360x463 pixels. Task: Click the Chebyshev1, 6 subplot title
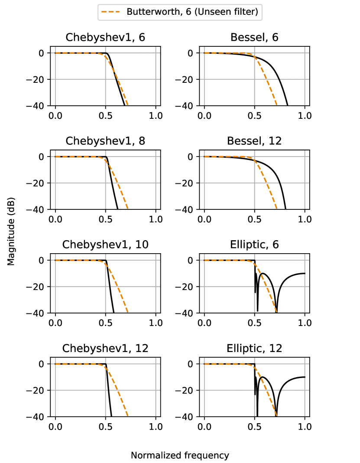[x=105, y=37]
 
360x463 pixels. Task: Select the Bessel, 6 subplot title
[x=254, y=37]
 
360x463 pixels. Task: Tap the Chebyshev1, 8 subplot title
[x=105, y=141]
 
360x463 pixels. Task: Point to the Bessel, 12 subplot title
[x=254, y=141]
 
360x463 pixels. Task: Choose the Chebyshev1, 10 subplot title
[x=105, y=245]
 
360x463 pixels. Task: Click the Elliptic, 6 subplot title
[x=254, y=245]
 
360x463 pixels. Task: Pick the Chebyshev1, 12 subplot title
[x=105, y=348]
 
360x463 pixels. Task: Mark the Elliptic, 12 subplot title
[x=254, y=348]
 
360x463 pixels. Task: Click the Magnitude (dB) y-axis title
[x=11, y=235]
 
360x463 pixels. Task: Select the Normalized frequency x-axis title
[x=180, y=455]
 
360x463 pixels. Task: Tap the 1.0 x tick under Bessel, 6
[x=305, y=116]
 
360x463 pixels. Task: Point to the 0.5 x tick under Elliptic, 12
[x=255, y=427]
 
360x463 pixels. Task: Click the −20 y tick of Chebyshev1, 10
[x=40, y=287]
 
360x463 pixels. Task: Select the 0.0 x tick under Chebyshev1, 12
[x=55, y=427]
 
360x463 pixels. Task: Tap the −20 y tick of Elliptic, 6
[x=189, y=287]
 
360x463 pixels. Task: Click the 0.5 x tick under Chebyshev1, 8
[x=105, y=219]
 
